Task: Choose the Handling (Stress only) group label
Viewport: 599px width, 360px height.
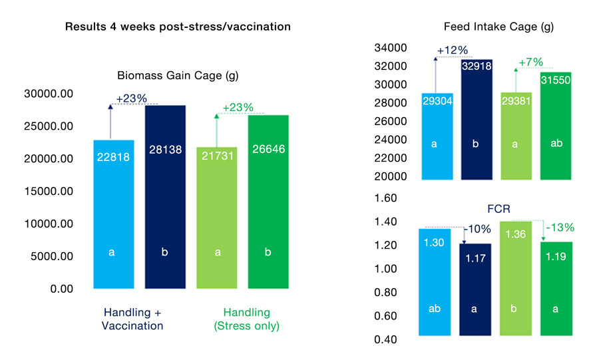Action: [246, 319]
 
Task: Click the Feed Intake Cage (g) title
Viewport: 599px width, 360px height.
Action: [499, 27]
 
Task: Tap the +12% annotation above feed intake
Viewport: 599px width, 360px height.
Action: [453, 51]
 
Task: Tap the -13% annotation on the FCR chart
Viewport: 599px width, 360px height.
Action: [559, 228]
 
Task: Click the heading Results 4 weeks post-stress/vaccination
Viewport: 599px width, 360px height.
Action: [178, 27]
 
